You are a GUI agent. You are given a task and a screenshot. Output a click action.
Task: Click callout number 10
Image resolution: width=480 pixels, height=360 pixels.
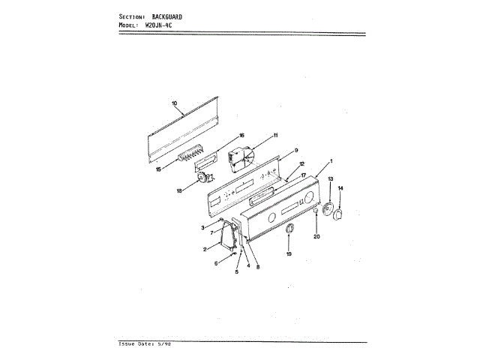pyautogui.click(x=173, y=102)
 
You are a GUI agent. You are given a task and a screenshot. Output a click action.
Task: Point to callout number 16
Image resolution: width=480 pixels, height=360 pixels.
pyautogui.click(x=241, y=136)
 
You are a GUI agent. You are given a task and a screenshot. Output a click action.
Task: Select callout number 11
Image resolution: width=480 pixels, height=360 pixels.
pyautogui.click(x=275, y=135)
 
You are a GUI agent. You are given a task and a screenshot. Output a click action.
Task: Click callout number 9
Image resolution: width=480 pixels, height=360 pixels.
pyautogui.click(x=296, y=151)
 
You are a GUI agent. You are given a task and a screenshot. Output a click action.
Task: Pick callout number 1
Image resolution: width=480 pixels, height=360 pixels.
pyautogui.click(x=331, y=162)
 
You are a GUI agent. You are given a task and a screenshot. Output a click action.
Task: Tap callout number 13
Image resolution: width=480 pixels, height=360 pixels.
pyautogui.click(x=329, y=179)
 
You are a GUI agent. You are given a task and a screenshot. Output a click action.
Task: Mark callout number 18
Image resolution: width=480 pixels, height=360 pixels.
pyautogui.click(x=179, y=191)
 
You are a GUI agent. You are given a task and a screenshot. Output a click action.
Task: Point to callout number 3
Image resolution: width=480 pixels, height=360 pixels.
pyautogui.click(x=202, y=227)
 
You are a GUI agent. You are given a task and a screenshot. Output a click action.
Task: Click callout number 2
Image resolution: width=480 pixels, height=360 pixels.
pyautogui.click(x=204, y=249)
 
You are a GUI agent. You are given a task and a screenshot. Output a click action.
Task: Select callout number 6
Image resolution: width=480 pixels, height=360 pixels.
pyautogui.click(x=215, y=263)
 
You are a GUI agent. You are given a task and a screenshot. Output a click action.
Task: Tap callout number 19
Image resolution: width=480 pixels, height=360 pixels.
pyautogui.click(x=289, y=254)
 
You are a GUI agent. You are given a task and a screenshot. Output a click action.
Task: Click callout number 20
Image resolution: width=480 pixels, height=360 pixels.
pyautogui.click(x=316, y=237)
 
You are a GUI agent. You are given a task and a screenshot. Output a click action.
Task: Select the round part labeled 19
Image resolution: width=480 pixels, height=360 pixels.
pyautogui.click(x=289, y=229)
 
